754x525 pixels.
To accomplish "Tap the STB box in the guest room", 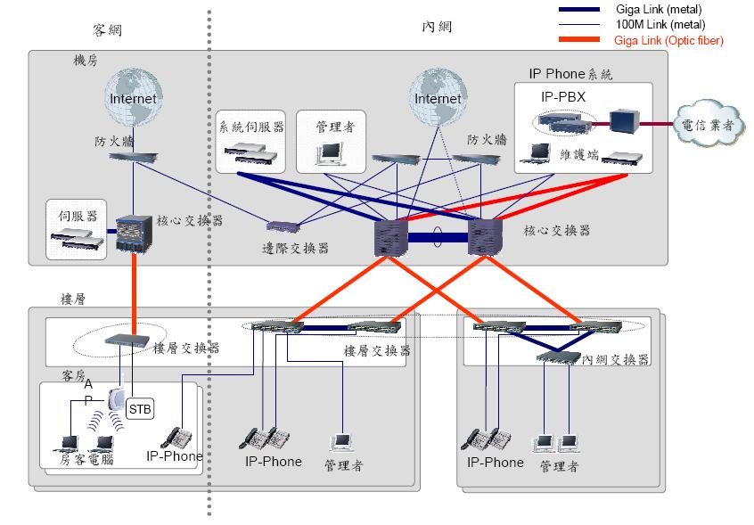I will [x=140, y=409].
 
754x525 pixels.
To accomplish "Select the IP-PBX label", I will [x=562, y=95].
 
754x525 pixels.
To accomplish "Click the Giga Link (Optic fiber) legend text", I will [x=668, y=41].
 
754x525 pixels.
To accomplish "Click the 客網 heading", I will [x=107, y=29].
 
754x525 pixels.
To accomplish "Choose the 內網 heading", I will [x=437, y=28].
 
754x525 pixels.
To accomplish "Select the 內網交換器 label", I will [x=615, y=359].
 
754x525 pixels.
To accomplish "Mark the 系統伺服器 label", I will [x=251, y=127].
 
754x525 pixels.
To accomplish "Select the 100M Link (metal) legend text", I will [x=659, y=25].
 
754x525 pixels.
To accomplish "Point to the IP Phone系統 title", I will [x=571, y=74].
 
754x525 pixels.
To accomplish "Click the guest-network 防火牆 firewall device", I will [x=132, y=156].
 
